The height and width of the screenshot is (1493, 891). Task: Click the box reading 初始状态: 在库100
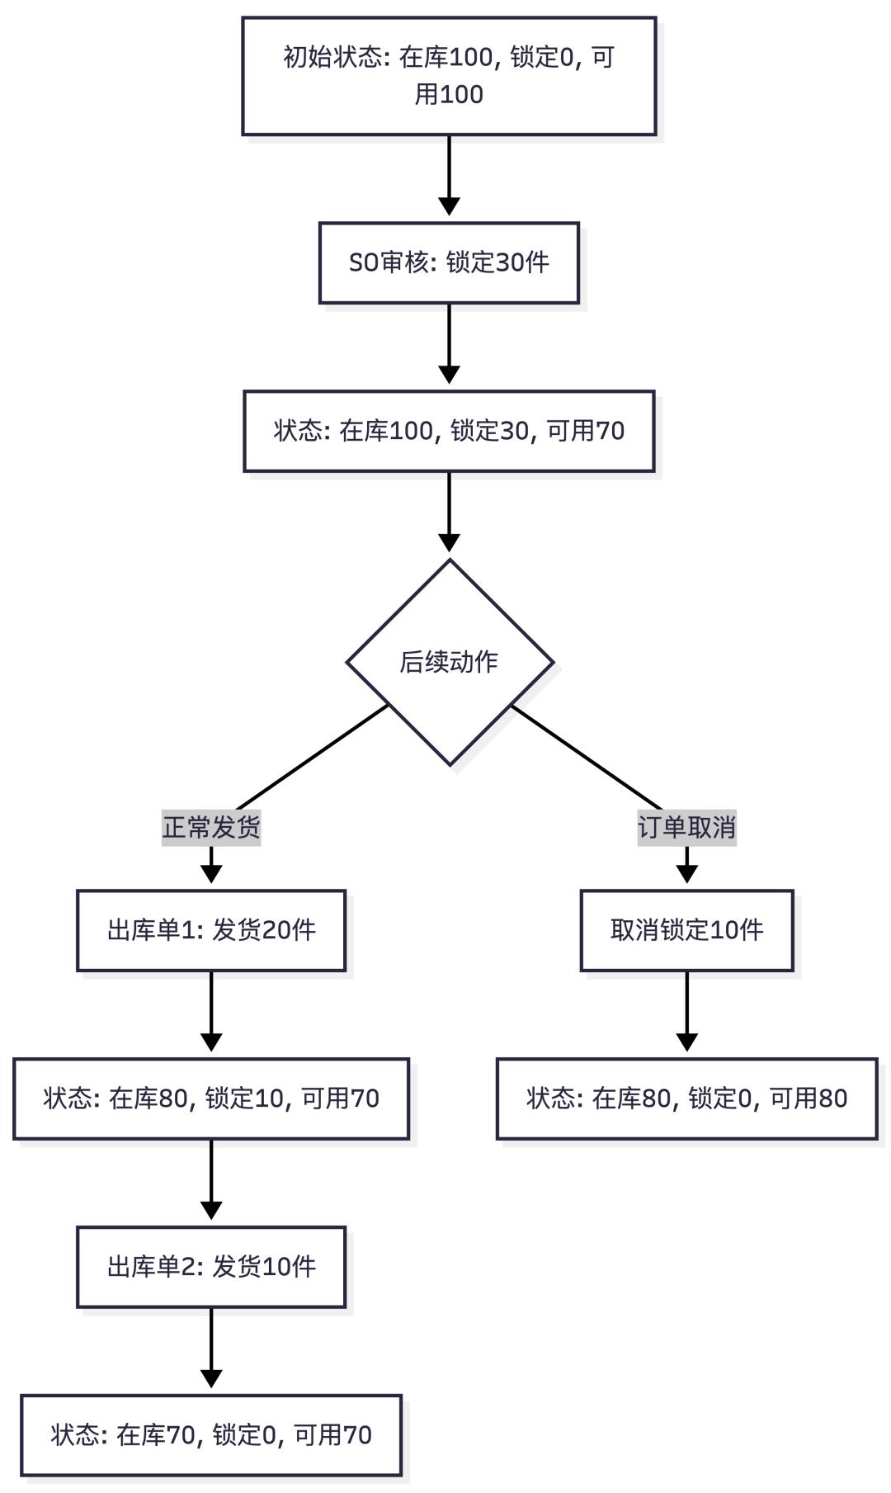pos(449,76)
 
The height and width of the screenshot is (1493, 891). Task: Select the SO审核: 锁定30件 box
pos(449,262)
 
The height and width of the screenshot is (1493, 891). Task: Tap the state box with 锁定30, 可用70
pos(449,431)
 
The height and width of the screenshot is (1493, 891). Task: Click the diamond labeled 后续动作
pos(449,662)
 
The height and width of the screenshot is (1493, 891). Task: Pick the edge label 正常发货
pos(211,827)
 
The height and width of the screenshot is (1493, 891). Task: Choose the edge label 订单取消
pos(686,827)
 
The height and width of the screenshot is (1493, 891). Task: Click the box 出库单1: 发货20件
pos(211,930)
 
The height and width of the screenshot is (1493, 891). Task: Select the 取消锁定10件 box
pos(686,930)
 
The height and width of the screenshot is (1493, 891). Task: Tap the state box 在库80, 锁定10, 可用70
pos(211,1098)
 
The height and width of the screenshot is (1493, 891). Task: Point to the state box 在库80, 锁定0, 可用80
pos(686,1098)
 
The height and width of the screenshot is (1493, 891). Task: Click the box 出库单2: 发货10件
pos(211,1267)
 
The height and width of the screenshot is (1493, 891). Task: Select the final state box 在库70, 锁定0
pos(211,1435)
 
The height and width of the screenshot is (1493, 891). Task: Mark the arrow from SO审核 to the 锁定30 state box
pos(449,343)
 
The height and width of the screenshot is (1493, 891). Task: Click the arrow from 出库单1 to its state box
pos(211,1011)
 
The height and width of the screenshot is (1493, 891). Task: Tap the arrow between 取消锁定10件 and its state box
pos(686,1011)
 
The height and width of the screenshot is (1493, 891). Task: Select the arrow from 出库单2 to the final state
pos(211,1348)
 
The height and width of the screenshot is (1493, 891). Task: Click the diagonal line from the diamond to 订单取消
pos(586,757)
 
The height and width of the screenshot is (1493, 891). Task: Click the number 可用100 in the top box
pos(449,94)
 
